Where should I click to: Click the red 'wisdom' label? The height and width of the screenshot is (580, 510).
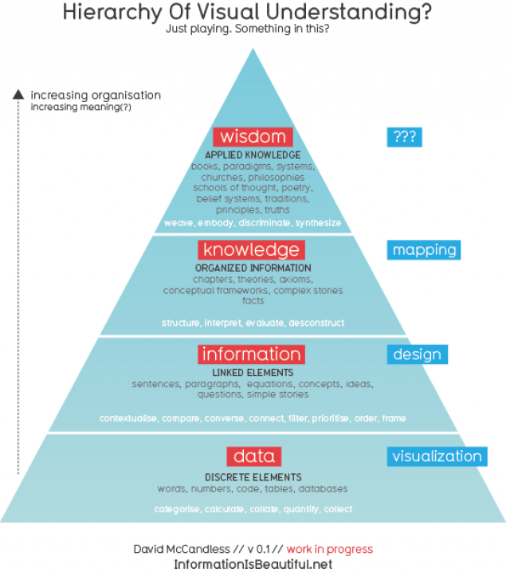tap(253, 136)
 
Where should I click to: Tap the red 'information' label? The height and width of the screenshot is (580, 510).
tap(252, 355)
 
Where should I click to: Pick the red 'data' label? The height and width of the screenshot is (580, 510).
tap(253, 457)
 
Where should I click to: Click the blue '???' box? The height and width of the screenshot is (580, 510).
tap(404, 137)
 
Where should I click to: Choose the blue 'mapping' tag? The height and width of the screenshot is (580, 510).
tap(425, 250)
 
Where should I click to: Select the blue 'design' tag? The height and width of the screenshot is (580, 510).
tap(415, 355)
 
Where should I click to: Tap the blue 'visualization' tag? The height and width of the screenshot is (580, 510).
tap(437, 457)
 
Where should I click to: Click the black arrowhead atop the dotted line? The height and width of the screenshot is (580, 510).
tap(18, 95)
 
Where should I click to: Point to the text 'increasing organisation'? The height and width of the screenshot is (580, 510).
tap(96, 96)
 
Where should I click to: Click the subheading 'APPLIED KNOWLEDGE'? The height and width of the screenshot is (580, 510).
tap(253, 155)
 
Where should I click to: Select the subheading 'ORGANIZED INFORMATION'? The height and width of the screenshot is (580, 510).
tap(253, 268)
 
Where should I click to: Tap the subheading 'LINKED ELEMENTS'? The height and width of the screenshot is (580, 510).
tap(253, 372)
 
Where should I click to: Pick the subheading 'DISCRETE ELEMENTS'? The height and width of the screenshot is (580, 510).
tap(253, 476)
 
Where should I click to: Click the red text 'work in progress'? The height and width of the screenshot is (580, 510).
tap(330, 549)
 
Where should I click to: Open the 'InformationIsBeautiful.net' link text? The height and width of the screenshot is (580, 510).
tap(253, 564)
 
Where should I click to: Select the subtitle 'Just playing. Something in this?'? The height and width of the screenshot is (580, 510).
tap(253, 29)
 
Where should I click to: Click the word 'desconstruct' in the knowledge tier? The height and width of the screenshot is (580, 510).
tap(317, 323)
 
